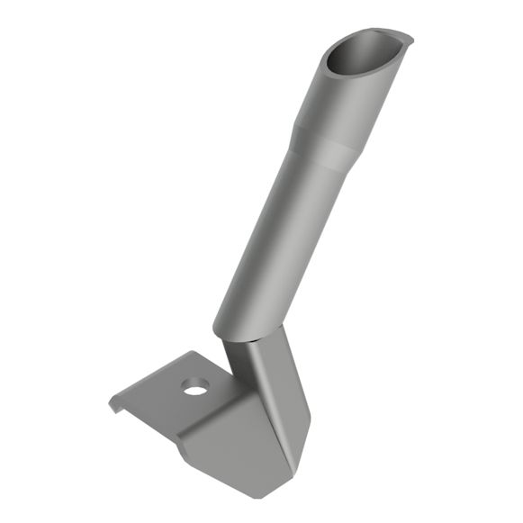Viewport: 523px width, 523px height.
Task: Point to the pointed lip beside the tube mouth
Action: [x=406, y=39]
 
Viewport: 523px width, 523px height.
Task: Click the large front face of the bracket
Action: [x=225, y=446]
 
